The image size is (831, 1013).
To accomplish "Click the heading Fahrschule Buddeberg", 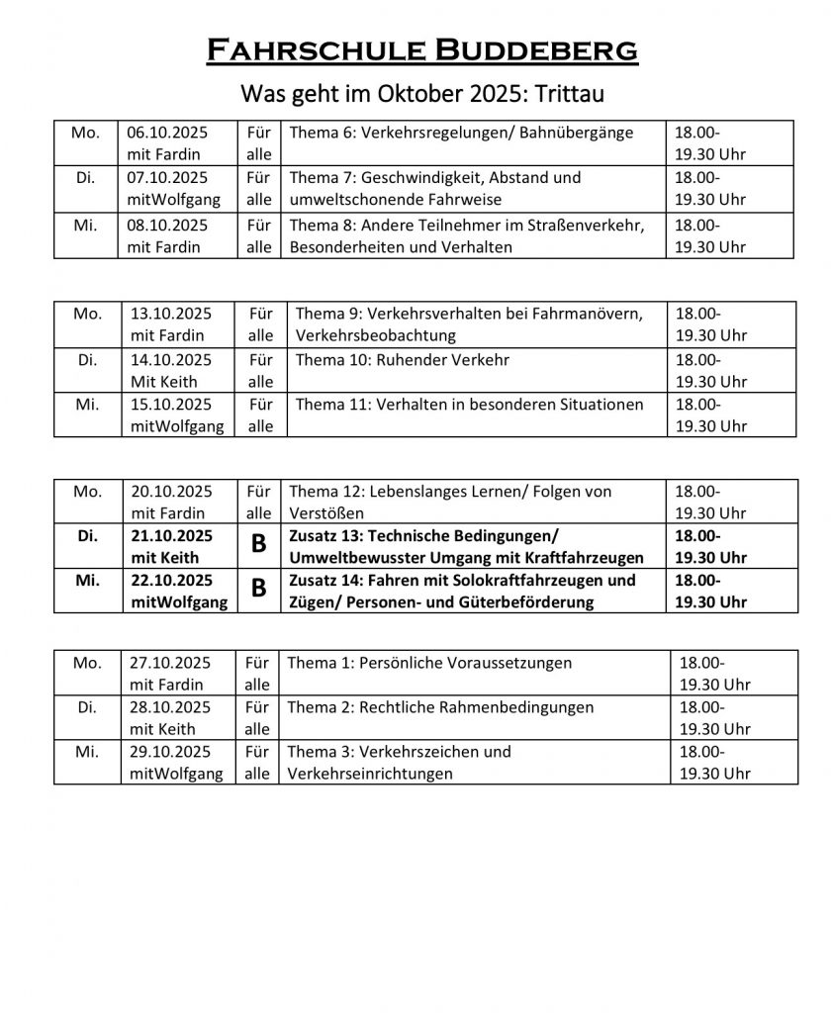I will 421,48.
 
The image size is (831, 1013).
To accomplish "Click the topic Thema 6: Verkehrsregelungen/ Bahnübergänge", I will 461,133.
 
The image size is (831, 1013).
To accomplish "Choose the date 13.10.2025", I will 171,314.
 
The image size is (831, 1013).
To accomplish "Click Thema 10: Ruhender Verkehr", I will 403,360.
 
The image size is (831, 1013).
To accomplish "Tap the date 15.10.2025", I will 171,405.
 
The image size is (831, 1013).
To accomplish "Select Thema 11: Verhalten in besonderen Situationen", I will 469,405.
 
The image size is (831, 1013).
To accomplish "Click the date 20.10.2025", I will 171,492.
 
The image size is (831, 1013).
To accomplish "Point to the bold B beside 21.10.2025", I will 258,547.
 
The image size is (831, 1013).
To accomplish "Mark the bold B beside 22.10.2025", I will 258,591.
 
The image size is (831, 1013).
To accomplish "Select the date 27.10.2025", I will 171,663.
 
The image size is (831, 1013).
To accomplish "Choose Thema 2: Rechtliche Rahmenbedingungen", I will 440,708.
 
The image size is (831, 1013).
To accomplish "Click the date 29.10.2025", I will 171,752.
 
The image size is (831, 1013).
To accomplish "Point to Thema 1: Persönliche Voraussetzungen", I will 429,663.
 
